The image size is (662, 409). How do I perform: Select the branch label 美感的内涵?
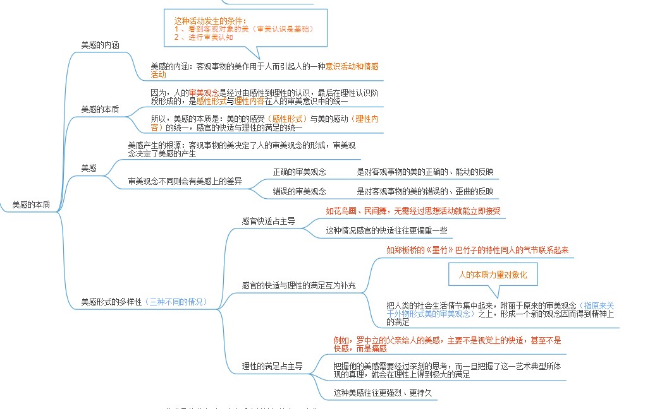click(101, 45)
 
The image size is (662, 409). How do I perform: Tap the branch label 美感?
click(89, 167)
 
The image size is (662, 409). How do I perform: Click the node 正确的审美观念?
click(299, 172)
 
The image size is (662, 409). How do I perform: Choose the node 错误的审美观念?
click(299, 191)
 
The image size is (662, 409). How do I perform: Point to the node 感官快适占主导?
click(268, 222)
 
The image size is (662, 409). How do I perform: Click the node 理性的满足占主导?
click(272, 365)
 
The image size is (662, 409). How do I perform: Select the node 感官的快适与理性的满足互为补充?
click(298, 285)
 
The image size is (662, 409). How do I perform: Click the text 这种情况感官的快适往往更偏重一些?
click(386, 230)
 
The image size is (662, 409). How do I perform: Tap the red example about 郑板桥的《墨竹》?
click(477, 250)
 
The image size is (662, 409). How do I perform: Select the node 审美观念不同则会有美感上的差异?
click(185, 181)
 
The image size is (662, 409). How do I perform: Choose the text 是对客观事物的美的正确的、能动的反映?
click(425, 172)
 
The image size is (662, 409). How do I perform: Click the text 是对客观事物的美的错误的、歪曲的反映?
click(425, 191)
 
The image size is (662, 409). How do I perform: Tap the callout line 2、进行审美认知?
click(204, 37)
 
